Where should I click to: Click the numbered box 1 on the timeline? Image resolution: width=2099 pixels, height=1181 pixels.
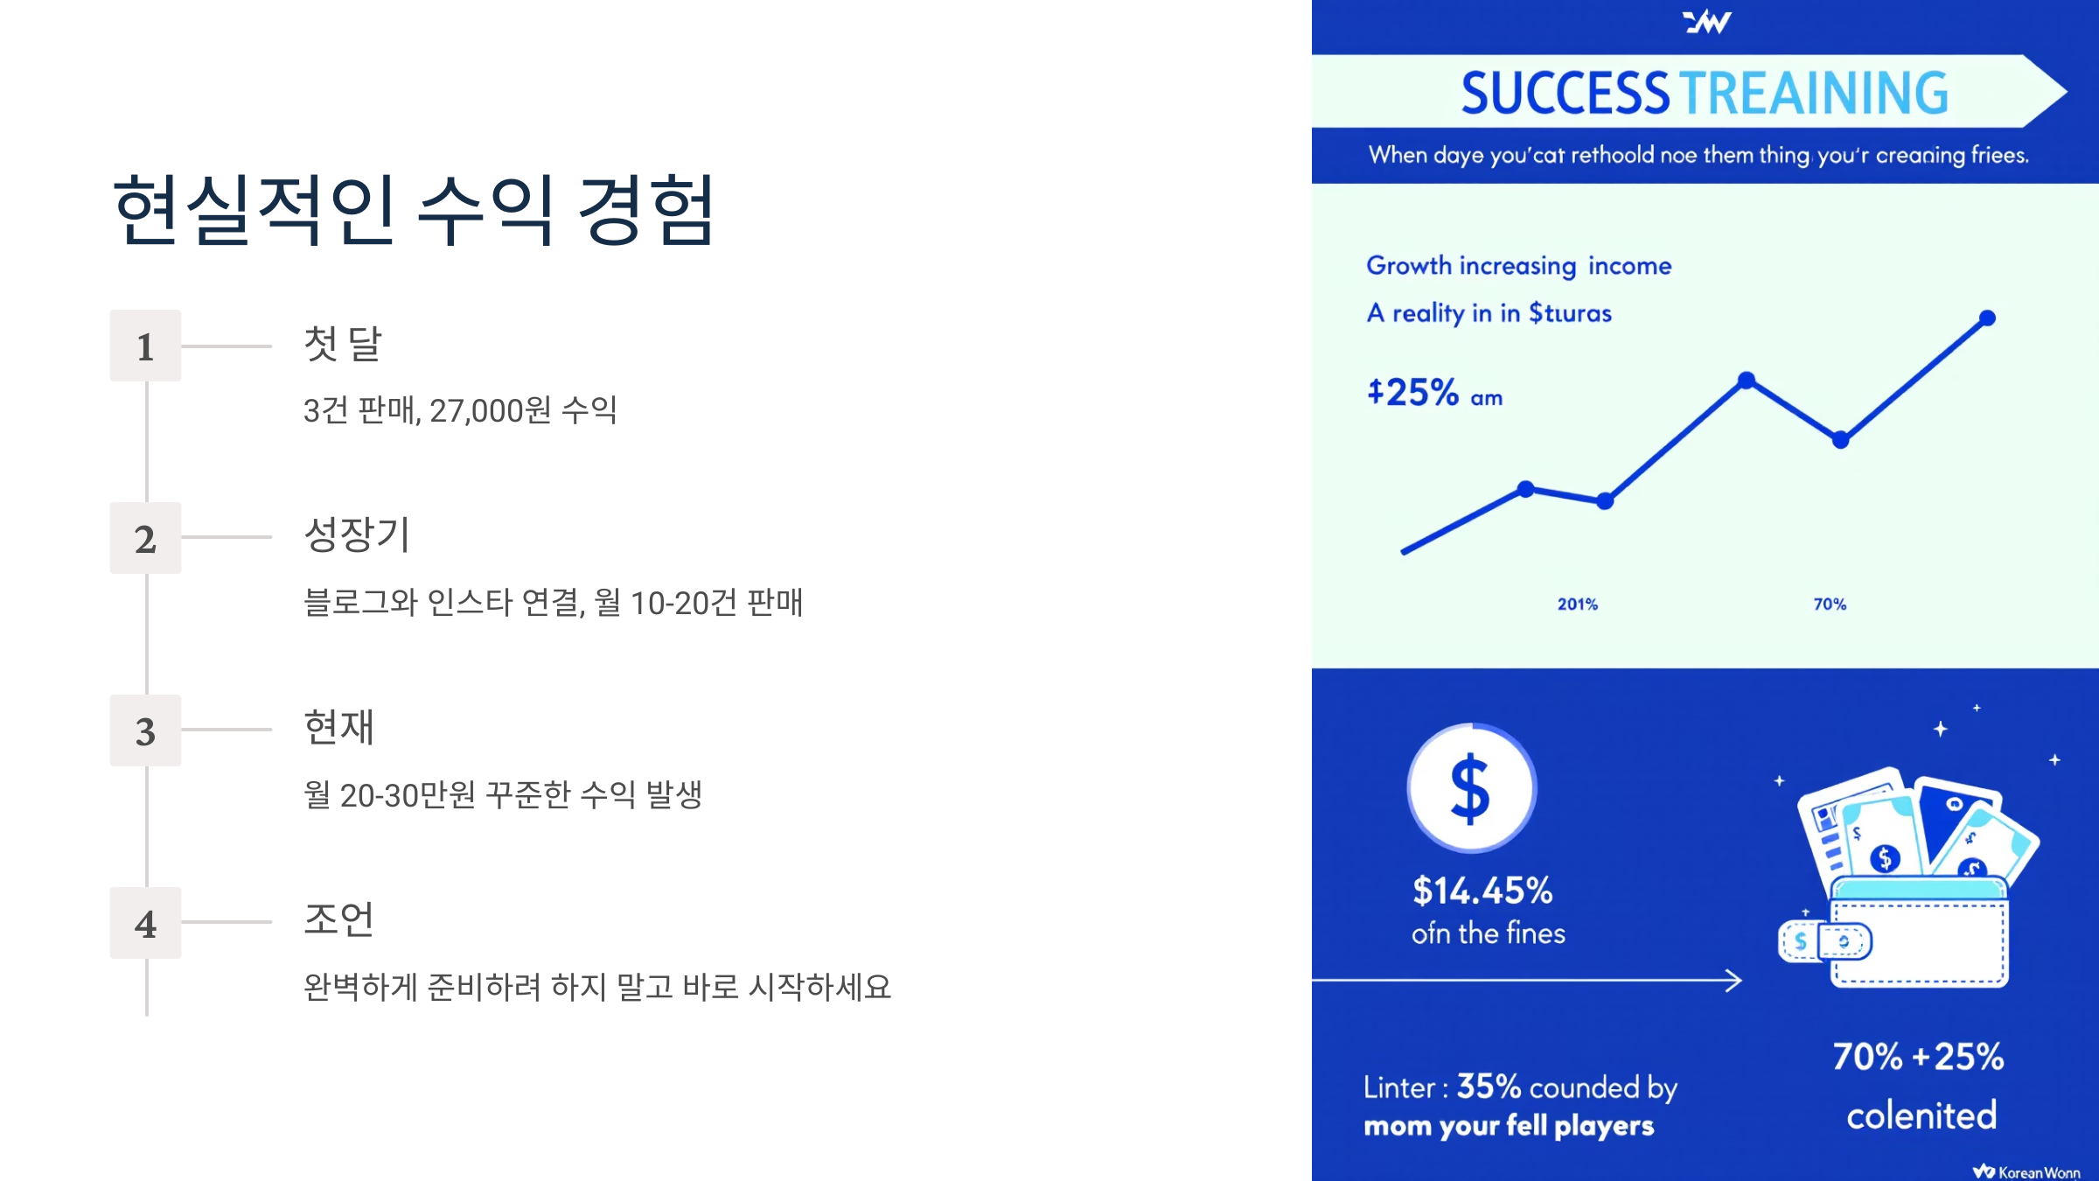pyautogui.click(x=145, y=346)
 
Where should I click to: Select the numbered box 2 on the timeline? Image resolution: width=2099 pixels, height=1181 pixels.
pyautogui.click(x=145, y=538)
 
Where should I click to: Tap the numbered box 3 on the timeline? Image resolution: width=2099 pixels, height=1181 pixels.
pyautogui.click(x=145, y=730)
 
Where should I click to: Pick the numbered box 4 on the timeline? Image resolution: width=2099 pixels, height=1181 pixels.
pyautogui.click(x=145, y=923)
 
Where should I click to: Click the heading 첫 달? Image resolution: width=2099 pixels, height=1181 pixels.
pyautogui.click(x=342, y=343)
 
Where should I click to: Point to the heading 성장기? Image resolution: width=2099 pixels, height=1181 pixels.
pyautogui.click(x=357, y=535)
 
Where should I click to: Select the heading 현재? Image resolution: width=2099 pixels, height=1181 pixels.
pyautogui.click(x=338, y=727)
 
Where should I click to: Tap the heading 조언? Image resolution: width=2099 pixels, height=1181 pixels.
pyautogui.click(x=338, y=919)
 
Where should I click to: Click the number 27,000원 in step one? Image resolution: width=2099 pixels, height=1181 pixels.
pyautogui.click(x=490, y=410)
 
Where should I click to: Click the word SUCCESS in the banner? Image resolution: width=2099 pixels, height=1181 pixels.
pyautogui.click(x=1566, y=94)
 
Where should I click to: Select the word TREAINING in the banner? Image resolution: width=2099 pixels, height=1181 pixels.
pyautogui.click(x=1814, y=94)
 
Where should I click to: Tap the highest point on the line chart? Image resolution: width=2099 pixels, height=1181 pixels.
pyautogui.click(x=1987, y=318)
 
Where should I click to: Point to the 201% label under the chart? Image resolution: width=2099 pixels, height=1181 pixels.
pyautogui.click(x=1577, y=604)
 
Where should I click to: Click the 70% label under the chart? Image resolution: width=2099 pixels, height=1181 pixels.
pyautogui.click(x=1830, y=604)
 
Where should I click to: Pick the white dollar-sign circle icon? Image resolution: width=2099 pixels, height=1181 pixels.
pyautogui.click(x=1471, y=787)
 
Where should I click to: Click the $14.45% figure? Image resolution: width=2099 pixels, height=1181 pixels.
pyautogui.click(x=1482, y=891)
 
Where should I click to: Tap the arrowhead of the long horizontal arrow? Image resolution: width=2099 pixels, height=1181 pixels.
pyautogui.click(x=1733, y=981)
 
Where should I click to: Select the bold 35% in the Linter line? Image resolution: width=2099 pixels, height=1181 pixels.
pyautogui.click(x=1489, y=1087)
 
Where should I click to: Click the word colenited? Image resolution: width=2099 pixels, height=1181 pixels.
pyautogui.click(x=1921, y=1115)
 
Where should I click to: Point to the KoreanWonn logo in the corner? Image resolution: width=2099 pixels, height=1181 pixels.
pyautogui.click(x=2026, y=1171)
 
